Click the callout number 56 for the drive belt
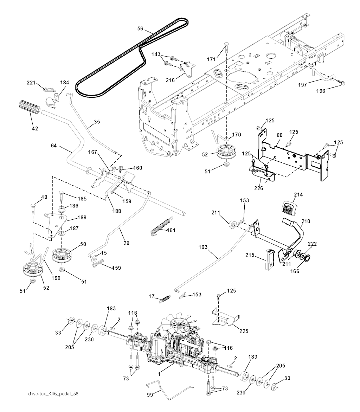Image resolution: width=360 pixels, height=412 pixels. pos(140,29)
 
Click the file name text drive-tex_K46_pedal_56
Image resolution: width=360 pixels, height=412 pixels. pos(53,393)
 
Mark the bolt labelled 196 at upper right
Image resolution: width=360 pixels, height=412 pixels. pos(341,83)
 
